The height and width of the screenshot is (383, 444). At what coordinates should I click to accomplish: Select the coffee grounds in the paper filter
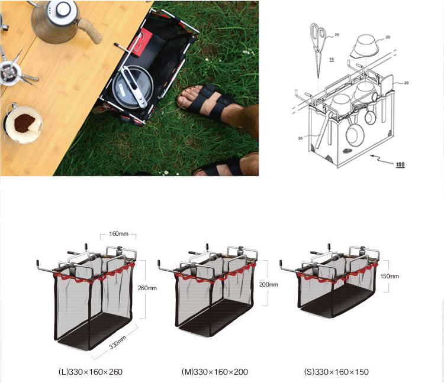click(24, 124)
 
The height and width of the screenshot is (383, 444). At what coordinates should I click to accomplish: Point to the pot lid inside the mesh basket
click(133, 87)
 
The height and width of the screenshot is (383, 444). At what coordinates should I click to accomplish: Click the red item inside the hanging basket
click(141, 42)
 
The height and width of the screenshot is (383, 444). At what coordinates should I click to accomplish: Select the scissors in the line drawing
click(318, 48)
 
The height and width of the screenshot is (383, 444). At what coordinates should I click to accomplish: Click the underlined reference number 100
click(400, 164)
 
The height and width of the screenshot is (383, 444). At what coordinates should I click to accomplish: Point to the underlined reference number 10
click(332, 59)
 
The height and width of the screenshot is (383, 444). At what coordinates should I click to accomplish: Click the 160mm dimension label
click(118, 233)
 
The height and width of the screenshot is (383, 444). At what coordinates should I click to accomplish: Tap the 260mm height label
click(147, 288)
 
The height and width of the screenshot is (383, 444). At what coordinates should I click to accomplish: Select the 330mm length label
click(118, 342)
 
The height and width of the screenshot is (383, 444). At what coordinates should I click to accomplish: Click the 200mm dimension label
click(269, 284)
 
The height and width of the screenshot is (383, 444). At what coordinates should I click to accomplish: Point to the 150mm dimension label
click(390, 276)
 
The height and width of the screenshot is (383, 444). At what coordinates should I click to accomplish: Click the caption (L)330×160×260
click(91, 372)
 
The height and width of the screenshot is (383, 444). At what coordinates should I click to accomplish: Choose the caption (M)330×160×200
click(215, 372)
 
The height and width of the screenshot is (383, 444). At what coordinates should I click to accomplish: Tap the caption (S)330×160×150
click(336, 372)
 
